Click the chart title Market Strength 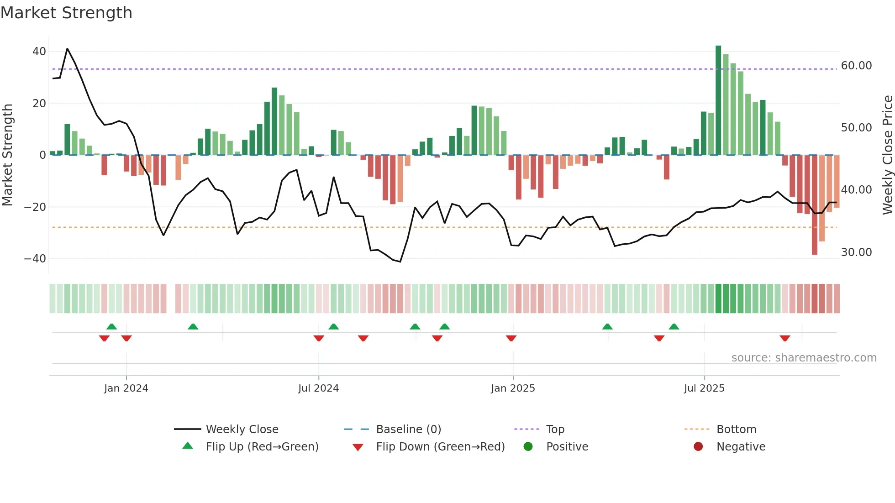click(66, 13)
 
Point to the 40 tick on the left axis click(39, 52)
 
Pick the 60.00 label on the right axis click(856, 66)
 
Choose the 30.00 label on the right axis click(856, 252)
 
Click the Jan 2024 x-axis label click(126, 388)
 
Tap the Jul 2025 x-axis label click(704, 388)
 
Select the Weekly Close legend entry click(242, 430)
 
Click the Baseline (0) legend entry click(408, 430)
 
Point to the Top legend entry click(555, 430)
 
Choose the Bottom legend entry click(736, 430)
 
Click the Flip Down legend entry click(440, 447)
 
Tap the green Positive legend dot click(528, 447)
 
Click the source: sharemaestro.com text click(804, 358)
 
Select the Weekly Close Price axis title click(888, 155)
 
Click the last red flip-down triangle click(785, 338)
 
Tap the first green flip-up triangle click(111, 326)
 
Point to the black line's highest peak click(67, 49)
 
